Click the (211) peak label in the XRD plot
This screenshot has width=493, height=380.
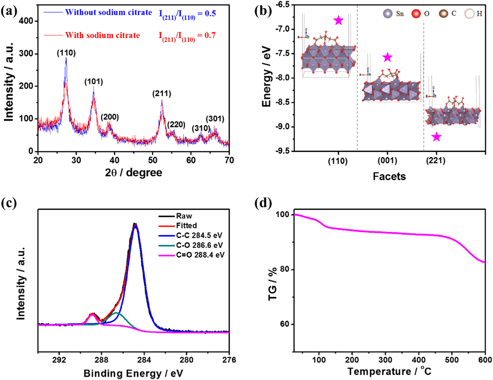(162, 94)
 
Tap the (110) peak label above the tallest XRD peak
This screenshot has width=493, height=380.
(66, 53)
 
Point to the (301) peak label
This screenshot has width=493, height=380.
(215, 119)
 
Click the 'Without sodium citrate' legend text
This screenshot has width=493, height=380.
(108, 12)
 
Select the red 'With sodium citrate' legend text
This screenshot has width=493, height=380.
(102, 35)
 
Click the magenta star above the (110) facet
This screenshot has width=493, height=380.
(339, 20)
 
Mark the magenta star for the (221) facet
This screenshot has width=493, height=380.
(436, 137)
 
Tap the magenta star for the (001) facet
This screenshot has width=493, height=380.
(388, 57)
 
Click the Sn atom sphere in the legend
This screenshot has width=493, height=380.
(388, 13)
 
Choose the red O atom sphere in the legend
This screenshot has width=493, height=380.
(416, 13)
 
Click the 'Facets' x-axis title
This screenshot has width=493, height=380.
(389, 176)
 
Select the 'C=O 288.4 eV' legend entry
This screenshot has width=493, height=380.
(200, 255)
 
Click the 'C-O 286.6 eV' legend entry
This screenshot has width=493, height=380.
(199, 245)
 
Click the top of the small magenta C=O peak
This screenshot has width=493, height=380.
(92, 314)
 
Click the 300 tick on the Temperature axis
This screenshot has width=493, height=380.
(385, 360)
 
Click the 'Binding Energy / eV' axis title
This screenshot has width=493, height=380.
(133, 373)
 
